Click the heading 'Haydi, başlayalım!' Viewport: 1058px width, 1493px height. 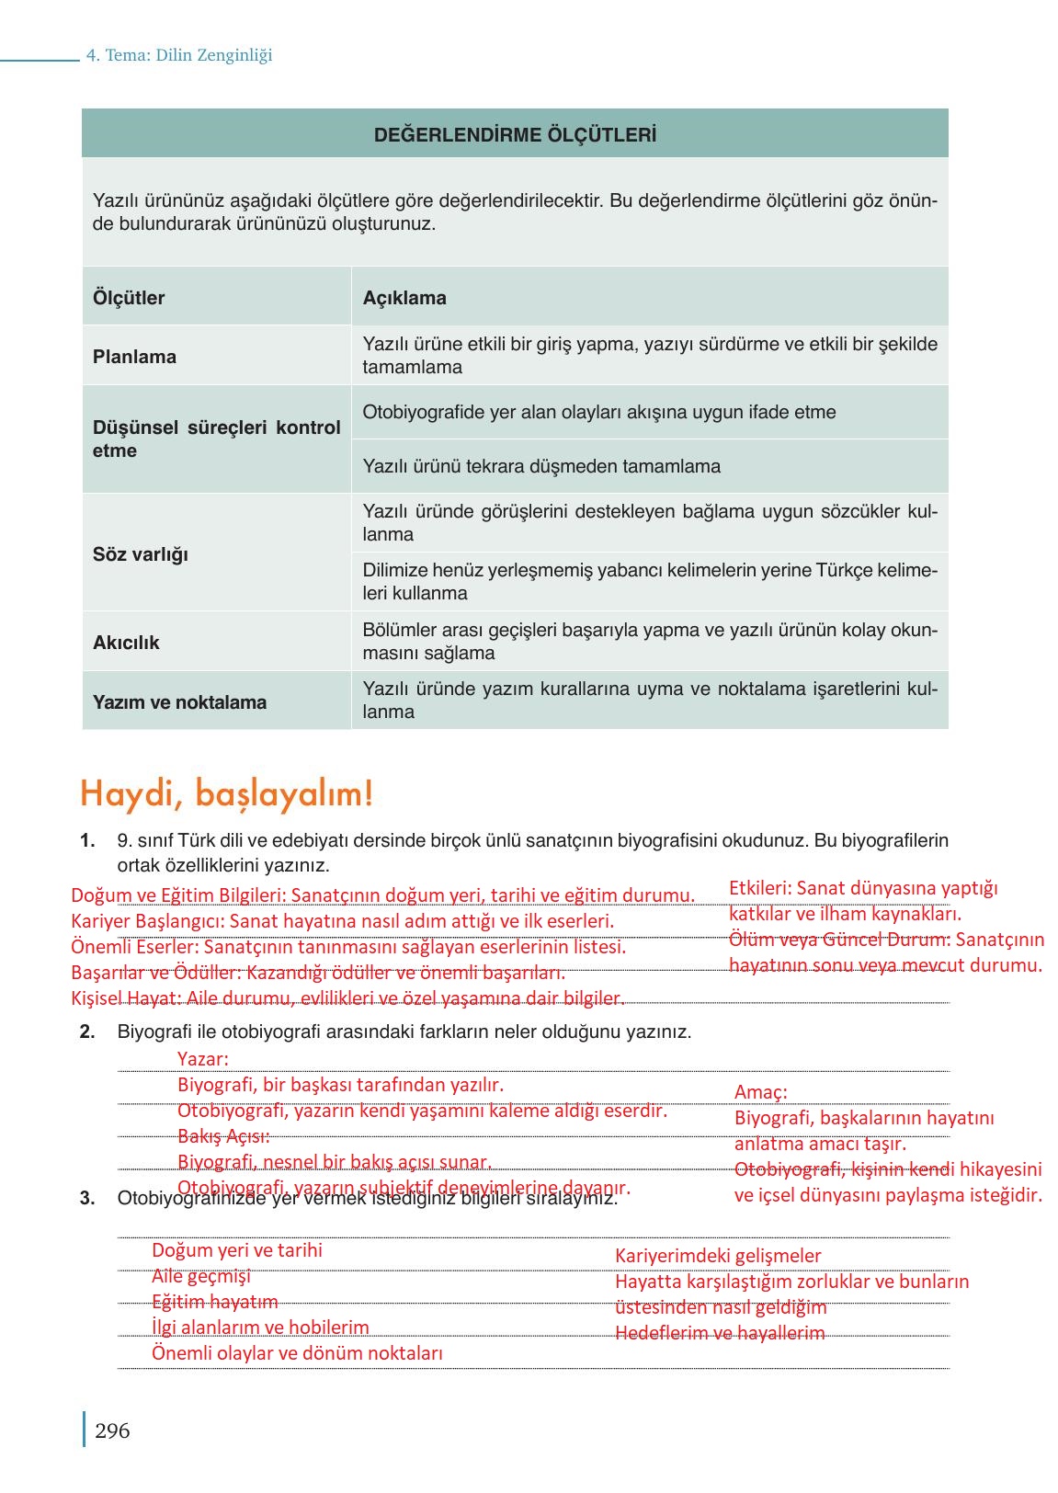point(226,793)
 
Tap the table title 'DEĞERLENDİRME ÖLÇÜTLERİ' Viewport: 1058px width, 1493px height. point(515,135)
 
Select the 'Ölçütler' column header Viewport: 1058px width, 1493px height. point(129,298)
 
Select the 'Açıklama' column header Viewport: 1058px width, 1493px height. point(404,298)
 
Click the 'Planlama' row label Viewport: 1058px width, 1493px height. point(134,357)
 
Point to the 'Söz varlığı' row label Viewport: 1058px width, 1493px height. point(140,554)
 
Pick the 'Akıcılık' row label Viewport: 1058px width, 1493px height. point(126,643)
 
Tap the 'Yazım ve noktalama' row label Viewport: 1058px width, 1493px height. point(179,702)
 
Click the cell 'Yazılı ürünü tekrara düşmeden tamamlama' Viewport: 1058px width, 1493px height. point(541,466)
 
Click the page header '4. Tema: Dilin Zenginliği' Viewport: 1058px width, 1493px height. point(179,55)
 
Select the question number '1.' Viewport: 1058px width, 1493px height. point(88,840)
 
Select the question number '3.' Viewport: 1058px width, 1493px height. point(88,1198)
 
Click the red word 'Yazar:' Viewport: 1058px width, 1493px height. point(202,1059)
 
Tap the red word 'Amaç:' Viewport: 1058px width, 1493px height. point(760,1092)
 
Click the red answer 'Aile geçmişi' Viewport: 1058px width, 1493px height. point(200,1276)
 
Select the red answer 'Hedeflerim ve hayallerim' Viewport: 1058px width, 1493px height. point(720,1333)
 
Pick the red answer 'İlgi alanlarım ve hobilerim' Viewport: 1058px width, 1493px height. point(260,1328)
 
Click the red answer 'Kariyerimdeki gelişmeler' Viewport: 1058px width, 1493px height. point(718,1256)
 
